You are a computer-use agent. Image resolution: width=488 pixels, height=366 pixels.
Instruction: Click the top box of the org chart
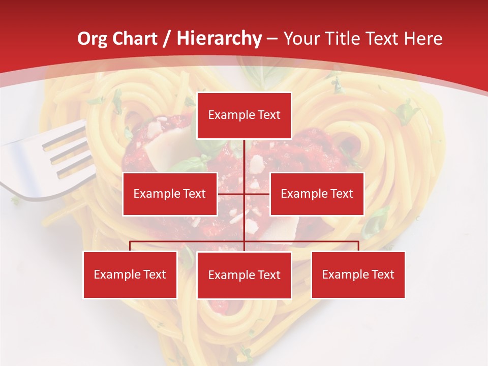coord(244,115)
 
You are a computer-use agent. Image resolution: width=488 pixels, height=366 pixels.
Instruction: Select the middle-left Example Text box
coord(170,194)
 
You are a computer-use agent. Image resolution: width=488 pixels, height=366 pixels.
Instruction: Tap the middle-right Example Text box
coord(317,194)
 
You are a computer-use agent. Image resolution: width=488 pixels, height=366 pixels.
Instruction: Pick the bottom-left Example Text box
coord(130,274)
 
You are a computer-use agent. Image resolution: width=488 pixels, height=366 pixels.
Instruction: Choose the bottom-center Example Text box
coord(244,275)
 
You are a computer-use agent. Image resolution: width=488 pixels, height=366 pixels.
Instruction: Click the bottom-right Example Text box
coord(358,274)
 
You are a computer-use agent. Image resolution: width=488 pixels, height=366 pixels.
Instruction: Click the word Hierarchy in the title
coord(219,38)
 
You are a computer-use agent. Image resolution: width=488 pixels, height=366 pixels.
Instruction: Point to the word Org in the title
coord(92,39)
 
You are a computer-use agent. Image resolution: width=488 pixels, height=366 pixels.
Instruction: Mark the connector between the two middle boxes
coord(244,194)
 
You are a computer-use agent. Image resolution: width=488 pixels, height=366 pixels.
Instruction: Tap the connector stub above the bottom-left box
coord(130,246)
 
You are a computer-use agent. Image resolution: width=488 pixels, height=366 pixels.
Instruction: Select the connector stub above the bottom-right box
coord(358,246)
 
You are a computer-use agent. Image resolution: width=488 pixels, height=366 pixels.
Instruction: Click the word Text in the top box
coord(269,115)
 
